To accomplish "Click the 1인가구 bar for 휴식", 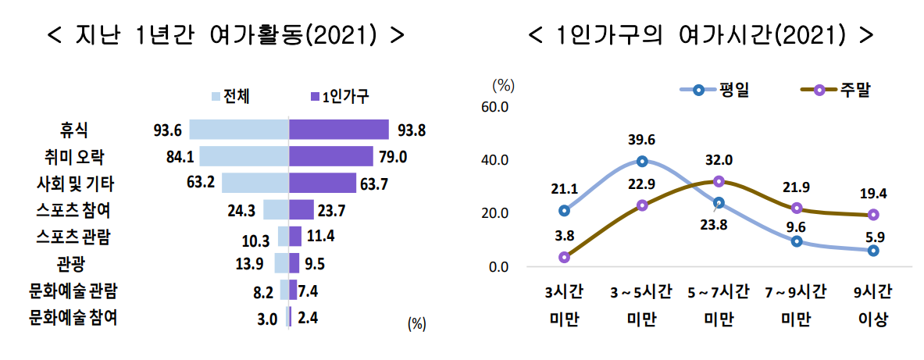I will [x=339, y=130].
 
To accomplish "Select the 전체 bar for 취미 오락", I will [x=244, y=156].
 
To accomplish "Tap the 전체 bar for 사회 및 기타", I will [x=255, y=184].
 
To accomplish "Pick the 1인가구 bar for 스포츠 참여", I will [x=301, y=210].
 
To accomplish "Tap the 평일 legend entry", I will [x=714, y=90].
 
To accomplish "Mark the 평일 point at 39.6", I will [x=642, y=162].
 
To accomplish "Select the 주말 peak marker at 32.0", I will [x=719, y=181].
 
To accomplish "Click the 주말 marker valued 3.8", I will [x=564, y=257].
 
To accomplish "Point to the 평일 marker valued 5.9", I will [x=873, y=251].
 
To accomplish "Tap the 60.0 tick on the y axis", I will [x=494, y=107].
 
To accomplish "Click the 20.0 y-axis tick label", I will [x=494, y=213].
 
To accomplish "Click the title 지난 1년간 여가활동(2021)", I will [x=227, y=35].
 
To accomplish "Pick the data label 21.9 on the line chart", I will [x=797, y=187].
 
